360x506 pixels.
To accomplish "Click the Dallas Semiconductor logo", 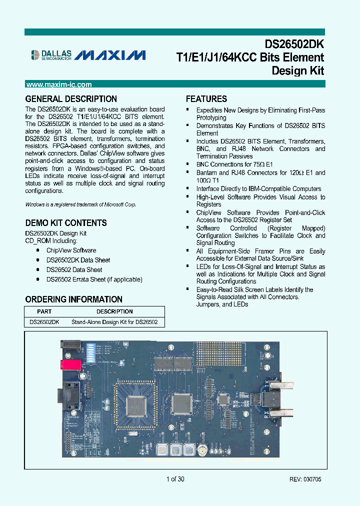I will click(x=51, y=55).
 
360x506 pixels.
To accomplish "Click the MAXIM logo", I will click(x=112, y=55).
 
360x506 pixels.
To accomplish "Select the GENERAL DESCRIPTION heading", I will click(x=71, y=99).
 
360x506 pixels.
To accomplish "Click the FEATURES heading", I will click(x=206, y=99).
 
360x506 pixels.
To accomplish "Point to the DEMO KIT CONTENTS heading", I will click(x=66, y=223).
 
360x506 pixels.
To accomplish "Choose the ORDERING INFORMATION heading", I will click(x=74, y=299).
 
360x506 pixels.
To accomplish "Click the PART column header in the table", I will click(x=44, y=311).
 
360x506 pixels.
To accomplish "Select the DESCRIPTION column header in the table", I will click(x=114, y=311).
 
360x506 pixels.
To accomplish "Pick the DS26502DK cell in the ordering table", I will click(x=44, y=322).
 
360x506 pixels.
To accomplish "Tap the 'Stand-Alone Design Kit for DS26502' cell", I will click(x=114, y=322).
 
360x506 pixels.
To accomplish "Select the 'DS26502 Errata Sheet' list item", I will click(x=94, y=279).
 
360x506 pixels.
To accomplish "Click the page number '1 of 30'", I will click(x=175, y=479).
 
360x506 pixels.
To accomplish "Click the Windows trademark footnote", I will click(x=80, y=204).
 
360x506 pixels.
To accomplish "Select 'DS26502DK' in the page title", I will click(x=293, y=44).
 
